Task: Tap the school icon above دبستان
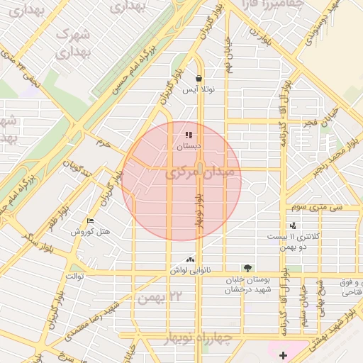point(189,135)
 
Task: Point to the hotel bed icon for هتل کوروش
point(89,221)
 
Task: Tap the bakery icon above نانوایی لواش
point(189,260)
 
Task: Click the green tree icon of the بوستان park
point(247,269)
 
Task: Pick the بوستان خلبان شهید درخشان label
point(247,285)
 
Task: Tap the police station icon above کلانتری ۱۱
point(293,225)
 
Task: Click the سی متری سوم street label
point(320,208)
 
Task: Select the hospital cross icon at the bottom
point(284,354)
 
